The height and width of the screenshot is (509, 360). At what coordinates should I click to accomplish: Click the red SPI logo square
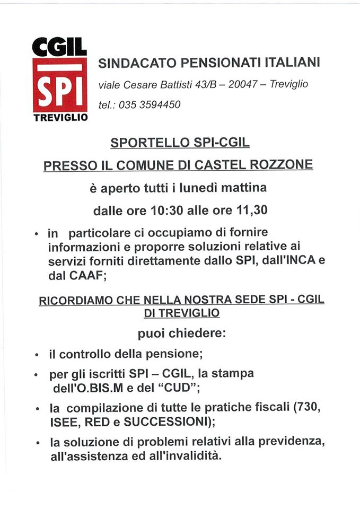pyautogui.click(x=60, y=85)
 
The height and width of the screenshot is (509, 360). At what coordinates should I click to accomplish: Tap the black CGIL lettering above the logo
pyautogui.click(x=60, y=48)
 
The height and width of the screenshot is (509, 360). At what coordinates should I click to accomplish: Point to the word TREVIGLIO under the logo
pyautogui.click(x=60, y=118)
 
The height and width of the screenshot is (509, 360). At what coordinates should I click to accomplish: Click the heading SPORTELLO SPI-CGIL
pyautogui.click(x=180, y=143)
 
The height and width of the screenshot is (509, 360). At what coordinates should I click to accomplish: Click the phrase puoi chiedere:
pyautogui.click(x=181, y=334)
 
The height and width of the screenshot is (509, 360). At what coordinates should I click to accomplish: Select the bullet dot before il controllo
pyautogui.click(x=37, y=355)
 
